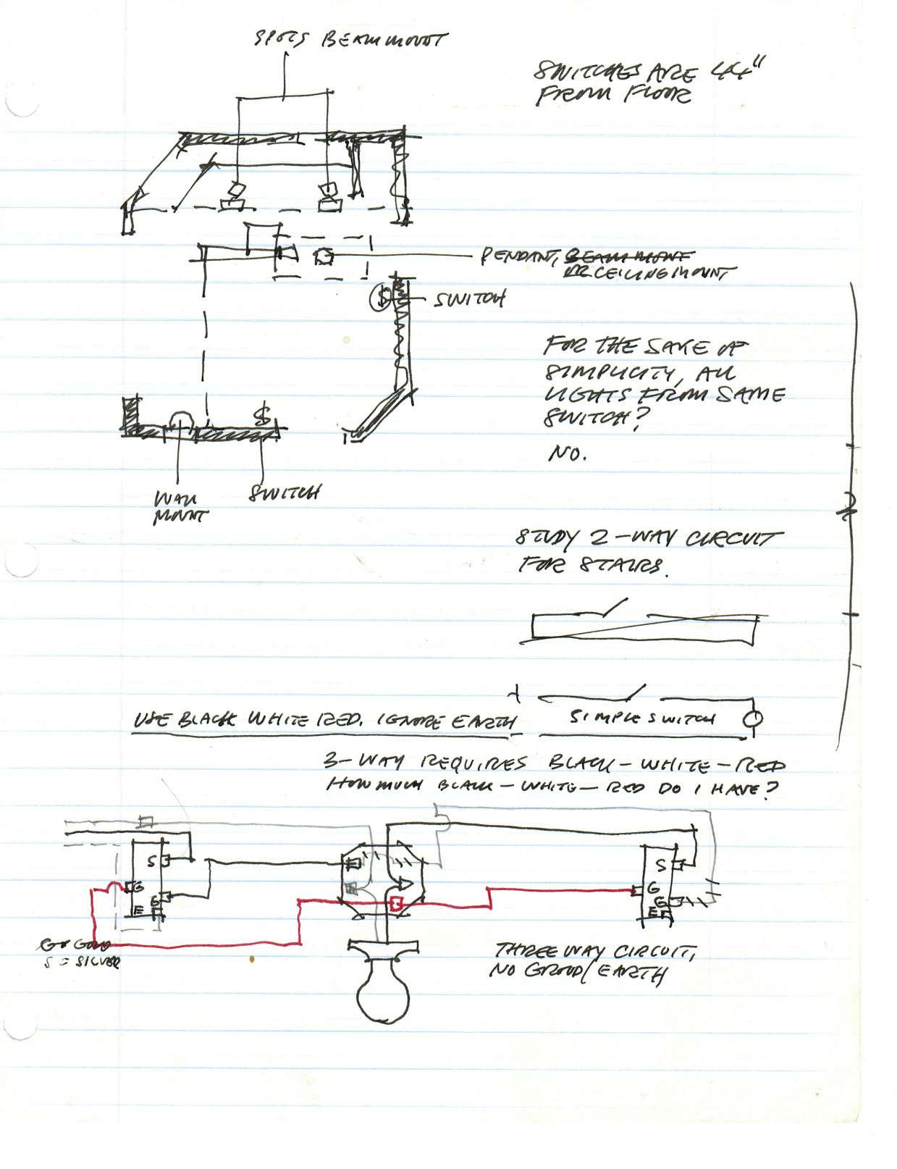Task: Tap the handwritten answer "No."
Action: pyautogui.click(x=568, y=453)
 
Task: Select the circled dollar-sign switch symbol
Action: pyautogui.click(x=382, y=297)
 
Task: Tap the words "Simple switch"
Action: pyautogui.click(x=641, y=718)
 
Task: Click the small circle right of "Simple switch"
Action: pyautogui.click(x=753, y=719)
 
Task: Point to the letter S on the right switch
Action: pyautogui.click(x=660, y=865)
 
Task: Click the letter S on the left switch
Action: pyautogui.click(x=151, y=862)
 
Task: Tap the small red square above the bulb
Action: pyautogui.click(x=396, y=903)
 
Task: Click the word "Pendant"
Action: pyautogui.click(x=520, y=256)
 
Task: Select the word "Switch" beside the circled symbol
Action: pyautogui.click(x=469, y=298)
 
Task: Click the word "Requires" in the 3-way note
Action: pyautogui.click(x=473, y=762)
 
